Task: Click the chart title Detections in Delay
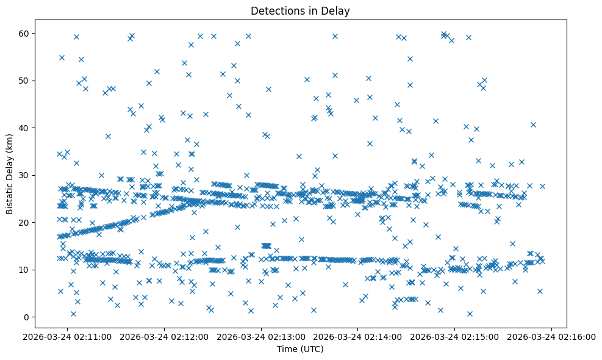pos(300,11)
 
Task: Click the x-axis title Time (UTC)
pos(300,349)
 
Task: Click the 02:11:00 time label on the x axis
pos(68,337)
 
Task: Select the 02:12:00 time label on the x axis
pos(165,337)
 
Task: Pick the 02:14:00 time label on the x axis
pos(359,337)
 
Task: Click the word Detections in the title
pos(274,11)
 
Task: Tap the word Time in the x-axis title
pos(287,349)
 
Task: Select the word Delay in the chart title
pos(337,11)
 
